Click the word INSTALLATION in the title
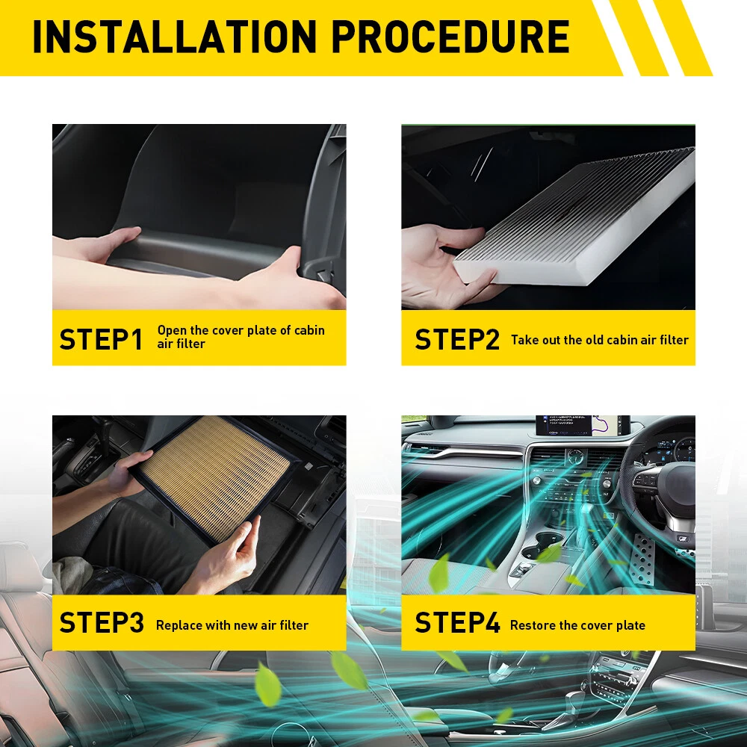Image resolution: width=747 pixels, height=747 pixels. tap(174, 37)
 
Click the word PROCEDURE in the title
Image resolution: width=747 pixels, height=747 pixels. tap(450, 37)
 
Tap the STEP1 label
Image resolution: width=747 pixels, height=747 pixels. tap(101, 339)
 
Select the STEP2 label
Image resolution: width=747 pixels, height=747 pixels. tap(457, 339)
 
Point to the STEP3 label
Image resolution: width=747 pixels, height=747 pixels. tap(102, 622)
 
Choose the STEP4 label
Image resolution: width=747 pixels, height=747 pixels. tap(457, 622)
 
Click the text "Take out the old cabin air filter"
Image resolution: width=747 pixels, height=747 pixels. tap(600, 340)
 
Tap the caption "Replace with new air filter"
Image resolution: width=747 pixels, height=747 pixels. tap(232, 625)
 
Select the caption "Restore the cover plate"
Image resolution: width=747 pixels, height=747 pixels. tap(577, 625)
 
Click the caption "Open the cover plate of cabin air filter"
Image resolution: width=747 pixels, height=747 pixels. tap(241, 337)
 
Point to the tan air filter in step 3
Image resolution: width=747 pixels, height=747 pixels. tap(214, 478)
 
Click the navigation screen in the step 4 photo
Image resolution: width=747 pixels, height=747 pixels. tap(582, 425)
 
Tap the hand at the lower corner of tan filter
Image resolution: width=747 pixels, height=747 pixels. tap(229, 555)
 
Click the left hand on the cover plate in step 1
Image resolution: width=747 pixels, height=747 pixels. tap(98, 245)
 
